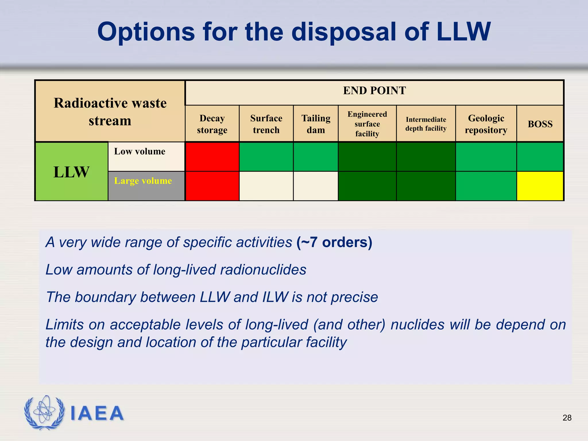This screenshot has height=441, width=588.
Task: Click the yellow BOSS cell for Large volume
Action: [x=540, y=186]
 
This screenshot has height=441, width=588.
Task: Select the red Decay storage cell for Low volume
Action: [x=212, y=157]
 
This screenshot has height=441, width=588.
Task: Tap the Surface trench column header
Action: [x=266, y=124]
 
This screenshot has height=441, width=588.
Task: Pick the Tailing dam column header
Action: [x=316, y=124]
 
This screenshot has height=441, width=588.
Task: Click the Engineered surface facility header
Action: [x=367, y=124]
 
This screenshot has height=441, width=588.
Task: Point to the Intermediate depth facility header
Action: [x=426, y=124]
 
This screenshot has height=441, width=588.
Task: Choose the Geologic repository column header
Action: [x=486, y=124]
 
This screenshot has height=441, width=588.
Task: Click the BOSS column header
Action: [x=540, y=124]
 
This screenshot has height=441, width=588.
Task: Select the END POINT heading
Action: [x=374, y=91]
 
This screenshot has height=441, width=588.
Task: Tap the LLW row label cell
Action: [x=71, y=172]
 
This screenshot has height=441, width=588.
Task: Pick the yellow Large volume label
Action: [x=143, y=181]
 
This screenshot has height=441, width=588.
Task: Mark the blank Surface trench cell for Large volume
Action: [x=266, y=186]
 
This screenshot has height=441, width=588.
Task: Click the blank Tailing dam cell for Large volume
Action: [x=316, y=186]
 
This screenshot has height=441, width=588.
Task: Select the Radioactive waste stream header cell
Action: [x=110, y=111]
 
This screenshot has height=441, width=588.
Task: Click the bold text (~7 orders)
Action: [x=334, y=242]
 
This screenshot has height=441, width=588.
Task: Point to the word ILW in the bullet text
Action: [x=275, y=297]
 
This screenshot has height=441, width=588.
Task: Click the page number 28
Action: [x=567, y=418]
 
